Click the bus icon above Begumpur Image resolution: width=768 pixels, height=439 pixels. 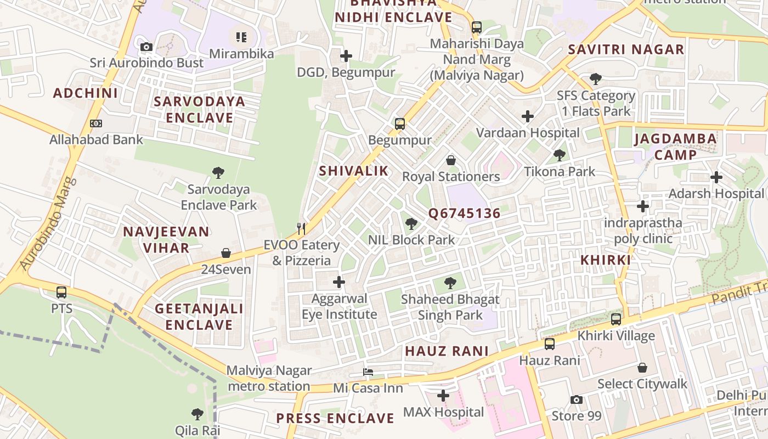(x=400, y=123)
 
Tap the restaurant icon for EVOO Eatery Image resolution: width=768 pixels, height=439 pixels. (x=301, y=228)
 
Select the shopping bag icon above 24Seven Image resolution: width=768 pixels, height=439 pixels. (x=226, y=253)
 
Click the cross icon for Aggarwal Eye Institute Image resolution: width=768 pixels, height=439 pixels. (x=339, y=282)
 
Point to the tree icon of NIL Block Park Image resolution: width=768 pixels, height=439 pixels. (x=411, y=223)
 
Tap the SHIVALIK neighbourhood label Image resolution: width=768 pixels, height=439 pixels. (x=354, y=171)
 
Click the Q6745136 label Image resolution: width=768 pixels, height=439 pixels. (x=464, y=213)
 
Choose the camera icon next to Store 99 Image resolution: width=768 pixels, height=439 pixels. (x=576, y=399)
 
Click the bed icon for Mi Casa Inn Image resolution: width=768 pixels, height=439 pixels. (x=368, y=372)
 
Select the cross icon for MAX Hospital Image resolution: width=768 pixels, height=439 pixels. (x=443, y=395)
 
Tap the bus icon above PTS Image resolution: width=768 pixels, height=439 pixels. (x=61, y=292)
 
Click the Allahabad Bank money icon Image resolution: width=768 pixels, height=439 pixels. (x=96, y=123)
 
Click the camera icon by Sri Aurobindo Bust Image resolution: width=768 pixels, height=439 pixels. (x=146, y=47)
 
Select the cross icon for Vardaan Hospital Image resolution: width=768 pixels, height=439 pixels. (x=528, y=116)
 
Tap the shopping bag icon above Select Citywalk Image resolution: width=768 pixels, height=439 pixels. (x=642, y=368)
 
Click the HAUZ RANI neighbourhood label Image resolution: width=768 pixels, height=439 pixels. (x=447, y=351)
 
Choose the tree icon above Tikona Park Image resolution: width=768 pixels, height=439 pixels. (x=560, y=155)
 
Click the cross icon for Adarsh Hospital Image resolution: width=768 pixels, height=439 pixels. (x=716, y=177)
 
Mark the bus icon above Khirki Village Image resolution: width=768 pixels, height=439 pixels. (x=616, y=319)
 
